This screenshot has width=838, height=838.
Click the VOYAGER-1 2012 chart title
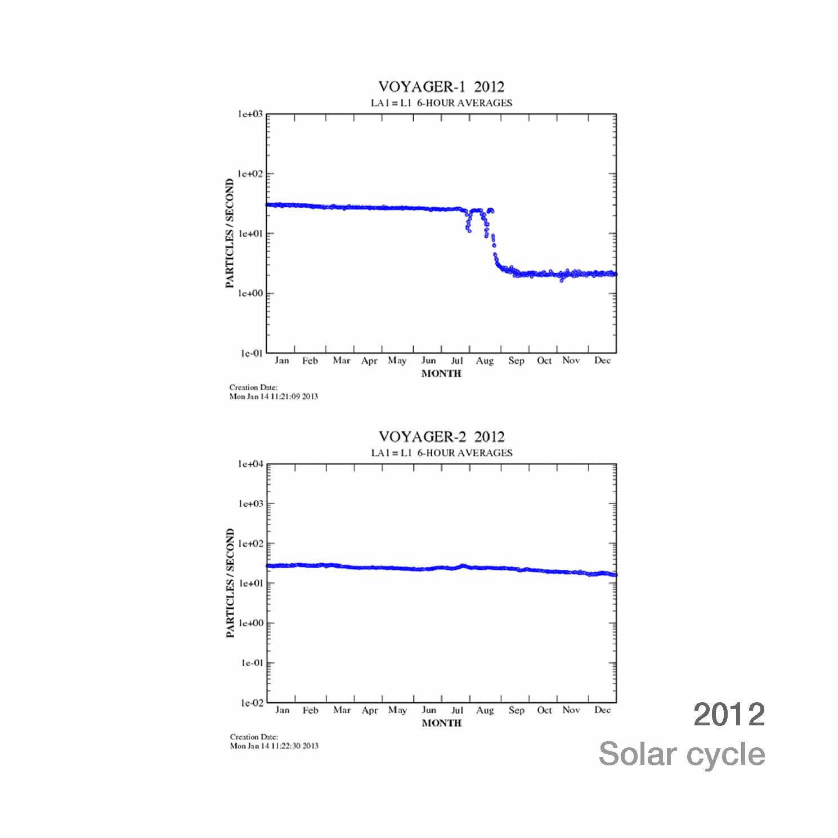(x=441, y=87)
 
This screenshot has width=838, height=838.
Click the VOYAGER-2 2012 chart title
(x=441, y=437)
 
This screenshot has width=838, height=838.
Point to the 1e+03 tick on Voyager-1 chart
(x=250, y=114)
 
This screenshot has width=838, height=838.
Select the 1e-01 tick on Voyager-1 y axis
(x=251, y=354)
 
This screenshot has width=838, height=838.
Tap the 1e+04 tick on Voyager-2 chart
(x=250, y=465)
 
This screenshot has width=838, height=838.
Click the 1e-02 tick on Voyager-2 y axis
(x=251, y=703)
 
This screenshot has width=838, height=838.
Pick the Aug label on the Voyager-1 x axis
(x=485, y=361)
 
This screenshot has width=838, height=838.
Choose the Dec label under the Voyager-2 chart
(x=602, y=710)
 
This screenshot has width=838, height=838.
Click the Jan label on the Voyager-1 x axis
(x=281, y=361)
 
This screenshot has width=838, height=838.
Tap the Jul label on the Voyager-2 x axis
(x=457, y=710)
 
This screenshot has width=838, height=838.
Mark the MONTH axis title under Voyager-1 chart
(x=441, y=373)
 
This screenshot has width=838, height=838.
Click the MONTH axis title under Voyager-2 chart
(x=441, y=723)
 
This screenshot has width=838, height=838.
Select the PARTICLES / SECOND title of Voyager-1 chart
(x=230, y=234)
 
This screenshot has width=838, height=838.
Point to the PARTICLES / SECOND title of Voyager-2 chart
(x=230, y=583)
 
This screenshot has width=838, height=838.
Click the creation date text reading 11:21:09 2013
(x=274, y=396)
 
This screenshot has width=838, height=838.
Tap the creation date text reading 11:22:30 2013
(x=274, y=746)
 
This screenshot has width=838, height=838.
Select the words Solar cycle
(x=682, y=754)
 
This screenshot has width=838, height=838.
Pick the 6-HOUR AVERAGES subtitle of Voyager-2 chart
(x=464, y=453)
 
